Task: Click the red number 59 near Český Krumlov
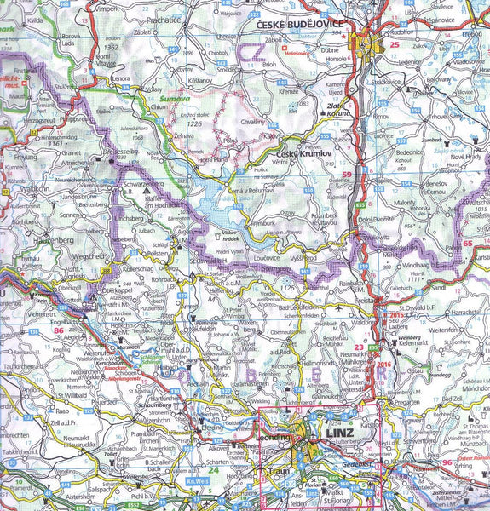(346, 175)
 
